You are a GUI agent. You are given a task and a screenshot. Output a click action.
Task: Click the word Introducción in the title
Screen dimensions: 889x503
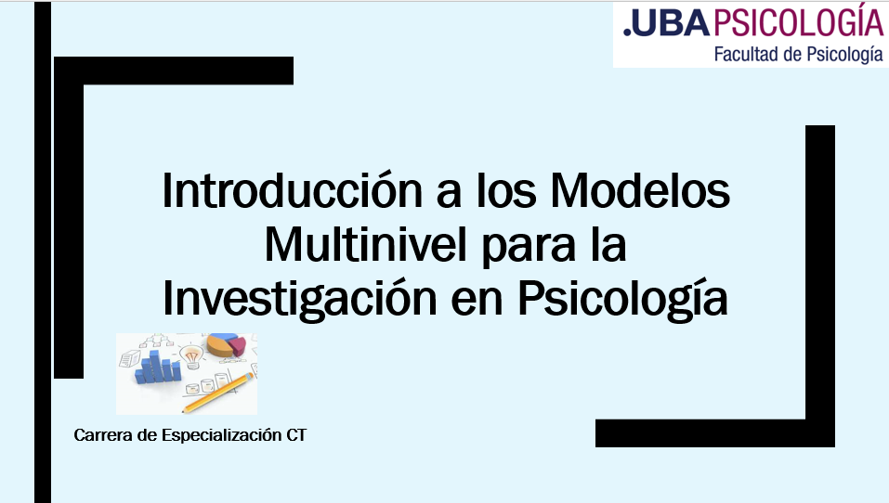[x=293, y=190]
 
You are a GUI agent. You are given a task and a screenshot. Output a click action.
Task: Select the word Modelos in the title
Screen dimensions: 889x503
[x=640, y=190]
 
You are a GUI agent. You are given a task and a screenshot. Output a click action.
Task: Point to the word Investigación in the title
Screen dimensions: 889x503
[x=300, y=299]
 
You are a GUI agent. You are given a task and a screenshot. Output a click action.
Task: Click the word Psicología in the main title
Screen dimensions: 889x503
[x=622, y=299]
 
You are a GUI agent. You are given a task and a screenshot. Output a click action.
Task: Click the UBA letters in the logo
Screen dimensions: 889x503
[x=672, y=24]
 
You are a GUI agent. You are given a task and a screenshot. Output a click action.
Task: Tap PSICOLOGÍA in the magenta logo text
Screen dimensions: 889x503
[x=798, y=21]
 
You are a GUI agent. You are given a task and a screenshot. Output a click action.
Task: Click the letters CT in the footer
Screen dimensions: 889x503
[x=296, y=435]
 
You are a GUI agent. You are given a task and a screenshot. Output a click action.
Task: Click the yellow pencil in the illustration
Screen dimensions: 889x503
[x=218, y=393]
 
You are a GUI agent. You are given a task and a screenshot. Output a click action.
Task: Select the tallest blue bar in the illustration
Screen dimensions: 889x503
[x=155, y=366]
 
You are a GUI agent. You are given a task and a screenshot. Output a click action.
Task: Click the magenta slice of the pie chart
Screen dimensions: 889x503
[x=238, y=344]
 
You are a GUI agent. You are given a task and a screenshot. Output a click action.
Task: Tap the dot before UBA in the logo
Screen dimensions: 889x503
[x=627, y=32]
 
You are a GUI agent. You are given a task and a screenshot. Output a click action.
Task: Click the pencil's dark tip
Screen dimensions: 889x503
[x=184, y=411]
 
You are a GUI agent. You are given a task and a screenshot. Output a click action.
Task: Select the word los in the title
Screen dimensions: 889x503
[x=506, y=190]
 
